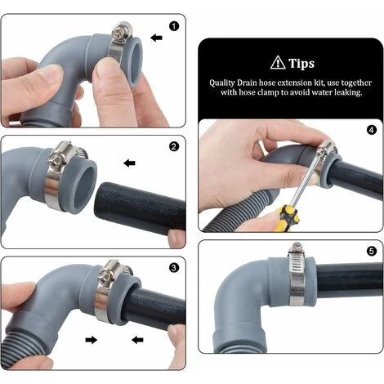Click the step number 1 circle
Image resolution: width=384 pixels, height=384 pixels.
point(173,26)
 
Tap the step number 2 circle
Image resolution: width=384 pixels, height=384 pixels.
point(173,148)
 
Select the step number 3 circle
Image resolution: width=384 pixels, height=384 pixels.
point(173,267)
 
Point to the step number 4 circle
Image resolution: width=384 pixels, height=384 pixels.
point(372,129)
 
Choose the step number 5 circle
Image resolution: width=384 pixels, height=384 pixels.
point(372,252)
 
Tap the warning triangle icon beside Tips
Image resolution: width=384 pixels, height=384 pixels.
point(277,63)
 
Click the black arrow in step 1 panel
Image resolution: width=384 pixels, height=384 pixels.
point(156,38)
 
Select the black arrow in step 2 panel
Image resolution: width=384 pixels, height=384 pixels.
point(129,163)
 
